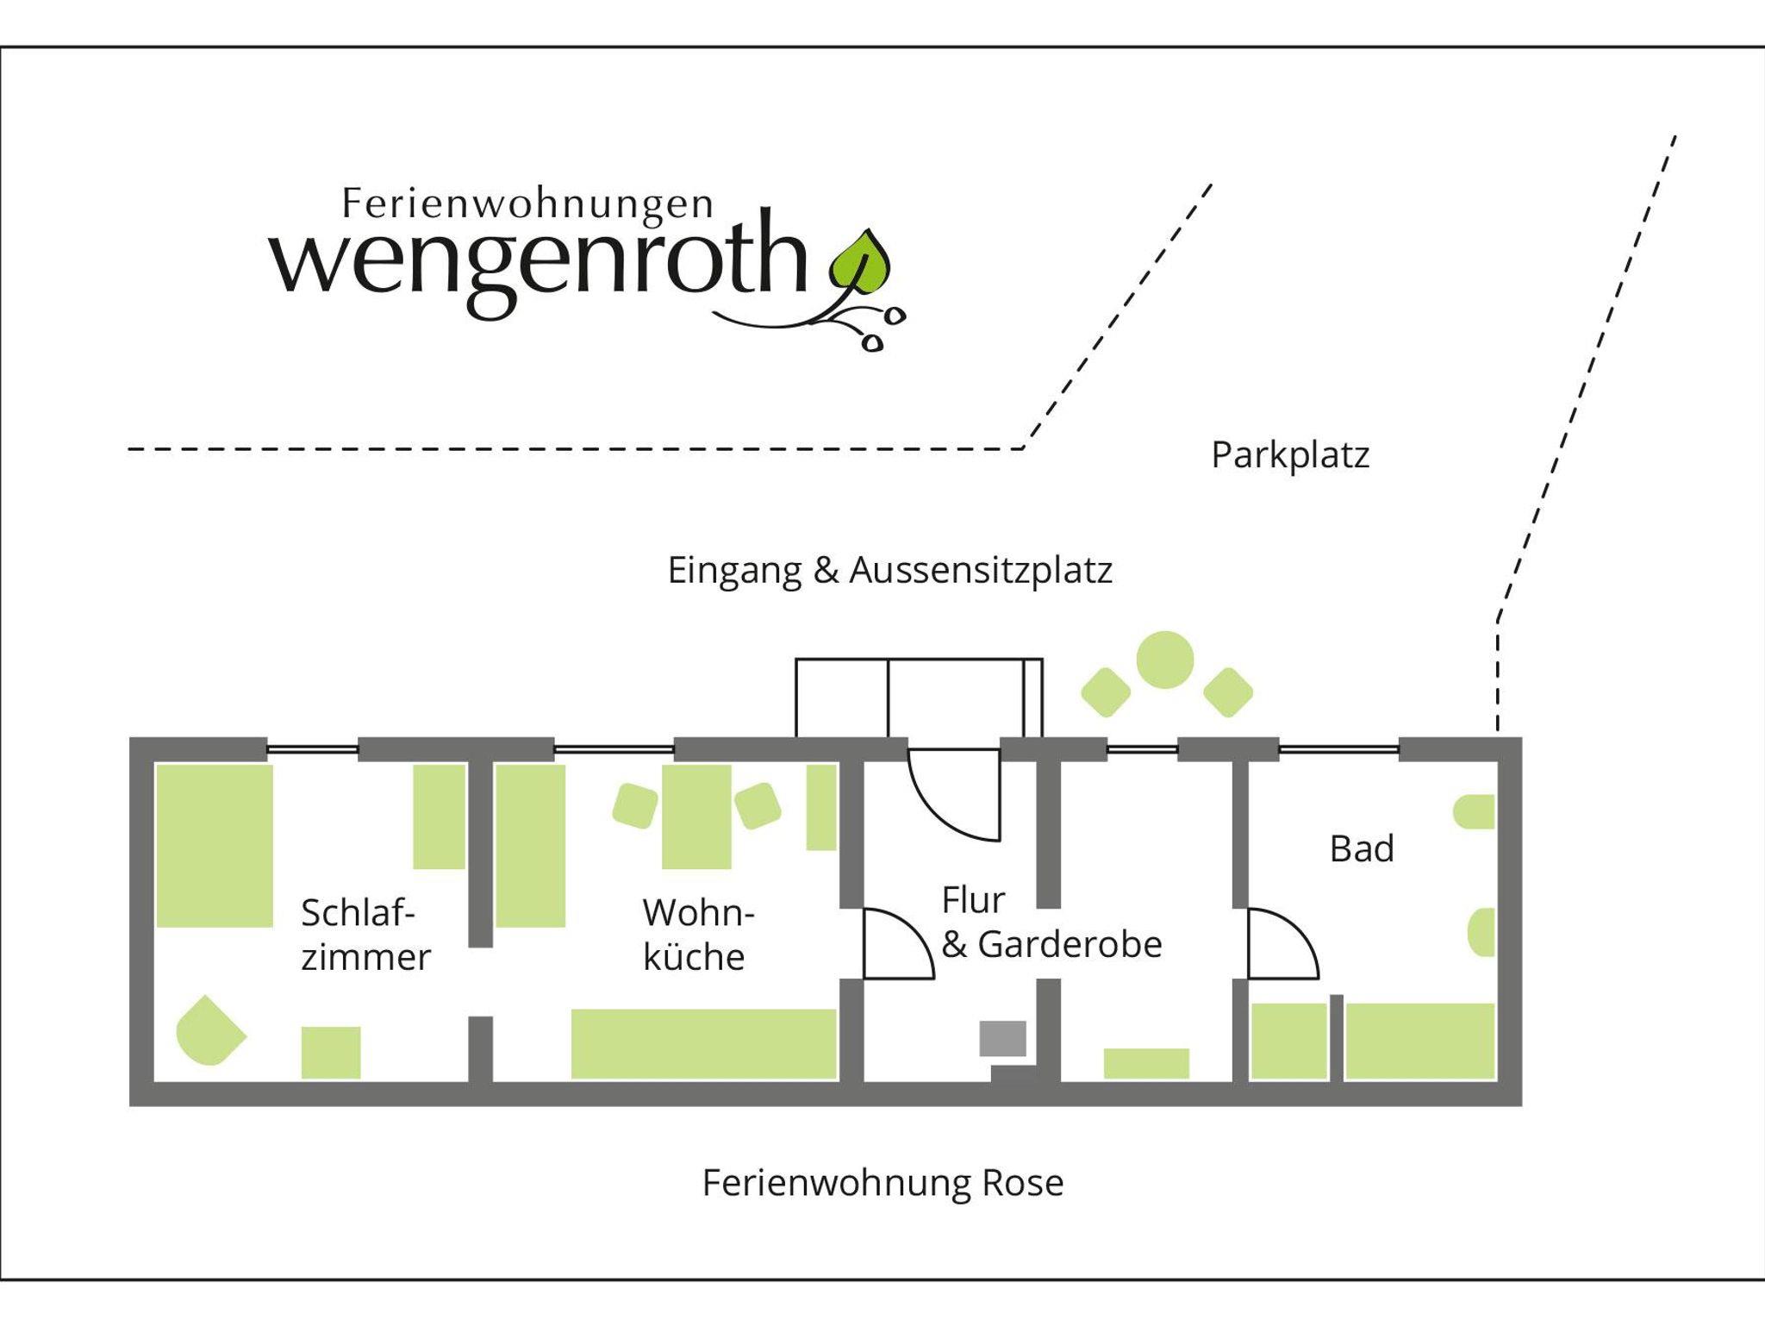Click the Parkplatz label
click(1289, 455)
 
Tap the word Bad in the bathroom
click(1361, 849)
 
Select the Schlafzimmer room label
click(365, 935)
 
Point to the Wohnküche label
click(697, 935)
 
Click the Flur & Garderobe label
click(1051, 923)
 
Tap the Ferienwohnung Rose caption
click(882, 1183)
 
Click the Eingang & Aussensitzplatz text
click(889, 570)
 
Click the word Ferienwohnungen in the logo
click(527, 203)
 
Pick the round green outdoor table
click(1164, 660)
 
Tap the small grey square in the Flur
click(1002, 1038)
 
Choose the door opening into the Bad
click(1282, 944)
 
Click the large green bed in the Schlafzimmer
click(215, 846)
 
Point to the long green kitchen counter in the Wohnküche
click(703, 1043)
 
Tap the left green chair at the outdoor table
click(1106, 692)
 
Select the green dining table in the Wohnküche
click(696, 816)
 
